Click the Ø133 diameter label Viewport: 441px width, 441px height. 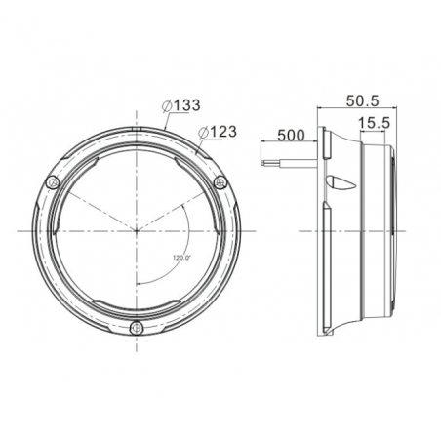click(181, 105)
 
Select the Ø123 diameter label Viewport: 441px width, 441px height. click(218, 132)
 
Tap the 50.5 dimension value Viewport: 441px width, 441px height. click(363, 100)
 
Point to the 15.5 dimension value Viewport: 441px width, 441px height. click(374, 123)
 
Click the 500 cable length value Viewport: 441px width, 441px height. click(291, 136)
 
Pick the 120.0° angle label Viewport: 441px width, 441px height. click(182, 258)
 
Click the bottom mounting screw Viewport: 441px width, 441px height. click(137, 328)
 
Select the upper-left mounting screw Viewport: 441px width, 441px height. click(52, 182)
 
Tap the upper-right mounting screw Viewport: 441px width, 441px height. click(220, 182)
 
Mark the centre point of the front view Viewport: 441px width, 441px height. click(137, 231)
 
